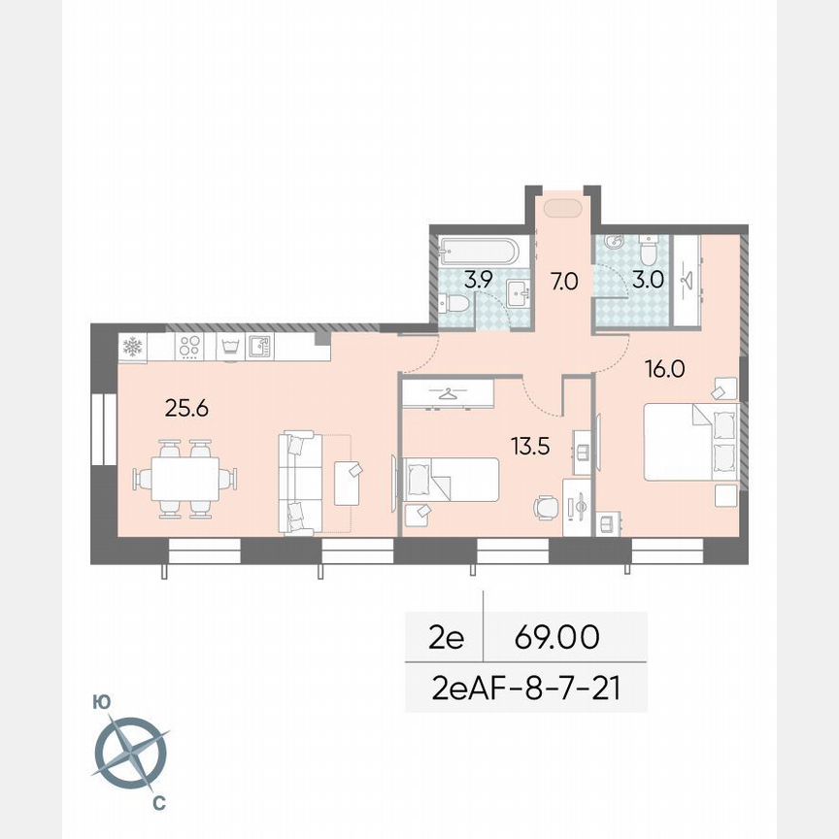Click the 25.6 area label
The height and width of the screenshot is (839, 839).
(x=187, y=408)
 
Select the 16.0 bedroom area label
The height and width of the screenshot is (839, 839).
(x=666, y=368)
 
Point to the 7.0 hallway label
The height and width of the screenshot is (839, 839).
(x=563, y=282)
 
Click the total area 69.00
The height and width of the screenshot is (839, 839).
(x=556, y=638)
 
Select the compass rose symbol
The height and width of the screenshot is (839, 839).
(x=130, y=752)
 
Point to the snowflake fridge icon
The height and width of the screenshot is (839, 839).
(x=132, y=347)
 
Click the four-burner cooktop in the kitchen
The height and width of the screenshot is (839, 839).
(x=189, y=347)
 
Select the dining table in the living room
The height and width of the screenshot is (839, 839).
(x=185, y=478)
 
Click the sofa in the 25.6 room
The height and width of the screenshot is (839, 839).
(x=301, y=483)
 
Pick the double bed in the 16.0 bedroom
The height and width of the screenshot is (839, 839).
(x=689, y=442)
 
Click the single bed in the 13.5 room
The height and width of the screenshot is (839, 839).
(x=453, y=479)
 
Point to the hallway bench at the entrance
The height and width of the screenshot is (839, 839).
(x=563, y=208)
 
